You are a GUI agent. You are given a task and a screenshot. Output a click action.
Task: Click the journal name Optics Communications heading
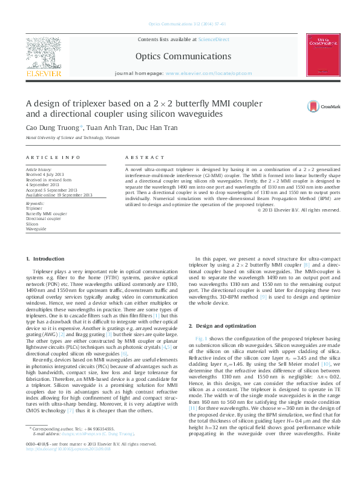[183, 56]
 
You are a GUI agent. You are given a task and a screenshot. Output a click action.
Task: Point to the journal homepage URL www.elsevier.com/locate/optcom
[200, 73]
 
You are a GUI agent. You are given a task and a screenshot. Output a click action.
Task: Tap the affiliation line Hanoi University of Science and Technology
[73, 138]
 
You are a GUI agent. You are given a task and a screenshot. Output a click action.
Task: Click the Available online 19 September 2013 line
[59, 195]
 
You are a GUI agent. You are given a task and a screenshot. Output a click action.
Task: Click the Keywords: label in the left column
[35, 204]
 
